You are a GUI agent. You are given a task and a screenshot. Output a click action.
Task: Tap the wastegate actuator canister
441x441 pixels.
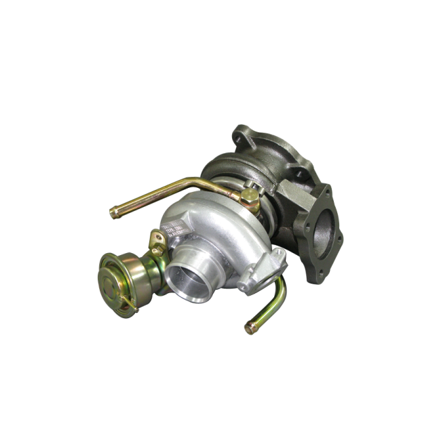coord(125,275)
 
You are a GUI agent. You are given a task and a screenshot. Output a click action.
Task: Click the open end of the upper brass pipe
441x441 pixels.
coord(114,213)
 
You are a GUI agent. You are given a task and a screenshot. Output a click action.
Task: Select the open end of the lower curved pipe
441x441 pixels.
coord(250,329)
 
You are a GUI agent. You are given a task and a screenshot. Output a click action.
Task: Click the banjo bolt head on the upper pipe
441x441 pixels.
coord(248,197)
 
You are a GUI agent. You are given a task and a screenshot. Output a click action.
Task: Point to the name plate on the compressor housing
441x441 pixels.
coord(174,227)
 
